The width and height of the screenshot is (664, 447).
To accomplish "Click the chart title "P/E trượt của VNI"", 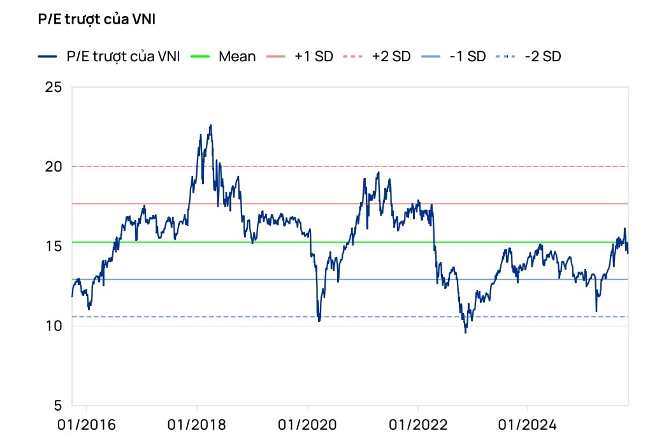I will pyautogui.click(x=97, y=20).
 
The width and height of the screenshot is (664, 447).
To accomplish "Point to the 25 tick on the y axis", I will pyautogui.click(x=54, y=87).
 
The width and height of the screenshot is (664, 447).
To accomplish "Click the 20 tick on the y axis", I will pyautogui.click(x=54, y=166).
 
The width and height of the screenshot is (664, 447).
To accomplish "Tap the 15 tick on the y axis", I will pyautogui.click(x=54, y=246).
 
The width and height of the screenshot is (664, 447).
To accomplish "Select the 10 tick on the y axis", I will pyautogui.click(x=54, y=326).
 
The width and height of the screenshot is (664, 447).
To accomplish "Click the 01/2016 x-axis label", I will pyautogui.click(x=87, y=425).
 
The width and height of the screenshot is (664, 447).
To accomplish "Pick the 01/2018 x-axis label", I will pyautogui.click(x=197, y=425).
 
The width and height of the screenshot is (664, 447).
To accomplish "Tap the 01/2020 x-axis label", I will pyautogui.click(x=307, y=425).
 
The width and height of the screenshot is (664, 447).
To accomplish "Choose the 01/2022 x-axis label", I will pyautogui.click(x=417, y=425).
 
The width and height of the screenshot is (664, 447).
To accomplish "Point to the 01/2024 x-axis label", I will pyautogui.click(x=528, y=425).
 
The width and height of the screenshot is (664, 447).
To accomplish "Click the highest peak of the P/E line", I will pyautogui.click(x=211, y=126).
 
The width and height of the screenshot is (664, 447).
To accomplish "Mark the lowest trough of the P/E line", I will pyautogui.click(x=465, y=332).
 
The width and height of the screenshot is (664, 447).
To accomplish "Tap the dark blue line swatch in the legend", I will pyautogui.click(x=48, y=56).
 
